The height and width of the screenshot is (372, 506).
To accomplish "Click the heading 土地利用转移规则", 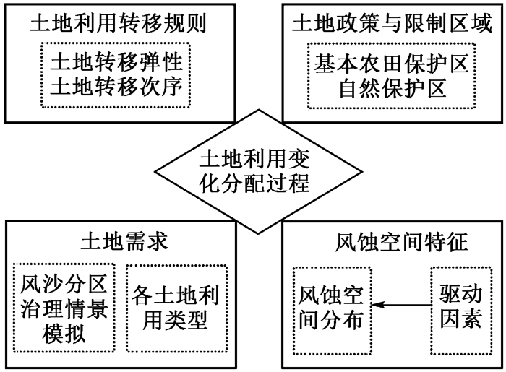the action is pyautogui.click(x=118, y=24).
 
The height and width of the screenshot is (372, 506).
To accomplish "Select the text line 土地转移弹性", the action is pyautogui.click(x=116, y=62).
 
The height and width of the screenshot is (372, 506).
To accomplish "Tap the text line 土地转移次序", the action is pyautogui.click(x=116, y=87).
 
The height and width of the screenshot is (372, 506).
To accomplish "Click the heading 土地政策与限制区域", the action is pyautogui.click(x=392, y=24).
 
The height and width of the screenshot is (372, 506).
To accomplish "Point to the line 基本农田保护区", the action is pyautogui.click(x=392, y=64).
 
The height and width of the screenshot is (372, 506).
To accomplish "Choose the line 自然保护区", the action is pyautogui.click(x=393, y=87).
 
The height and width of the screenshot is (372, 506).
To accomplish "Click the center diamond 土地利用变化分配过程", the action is pyautogui.click(x=258, y=171).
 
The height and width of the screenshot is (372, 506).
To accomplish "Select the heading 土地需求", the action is pyautogui.click(x=124, y=242).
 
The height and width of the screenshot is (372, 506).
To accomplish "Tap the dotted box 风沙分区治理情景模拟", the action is pyautogui.click(x=64, y=308).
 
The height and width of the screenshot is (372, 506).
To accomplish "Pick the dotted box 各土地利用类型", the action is pyautogui.click(x=177, y=308).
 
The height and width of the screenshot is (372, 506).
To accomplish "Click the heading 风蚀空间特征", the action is pyautogui.click(x=401, y=242).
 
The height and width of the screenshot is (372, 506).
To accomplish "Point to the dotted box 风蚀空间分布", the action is pyautogui.click(x=333, y=311).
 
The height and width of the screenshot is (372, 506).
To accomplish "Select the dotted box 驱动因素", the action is pyautogui.click(x=461, y=311).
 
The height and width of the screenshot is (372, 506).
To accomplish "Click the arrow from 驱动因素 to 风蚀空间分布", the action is pyautogui.click(x=401, y=305).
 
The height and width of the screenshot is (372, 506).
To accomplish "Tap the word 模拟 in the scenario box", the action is pyautogui.click(x=64, y=333).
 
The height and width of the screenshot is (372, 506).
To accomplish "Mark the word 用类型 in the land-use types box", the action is pyautogui.click(x=175, y=321).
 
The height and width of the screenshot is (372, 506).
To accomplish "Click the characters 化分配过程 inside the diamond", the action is pyautogui.click(x=254, y=183).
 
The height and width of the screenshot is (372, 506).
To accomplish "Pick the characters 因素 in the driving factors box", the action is pyautogui.click(x=461, y=319).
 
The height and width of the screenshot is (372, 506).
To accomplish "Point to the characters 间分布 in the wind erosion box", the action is pyautogui.click(x=331, y=321).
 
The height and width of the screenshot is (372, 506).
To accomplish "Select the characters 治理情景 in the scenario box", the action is pyautogui.click(x=64, y=308).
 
